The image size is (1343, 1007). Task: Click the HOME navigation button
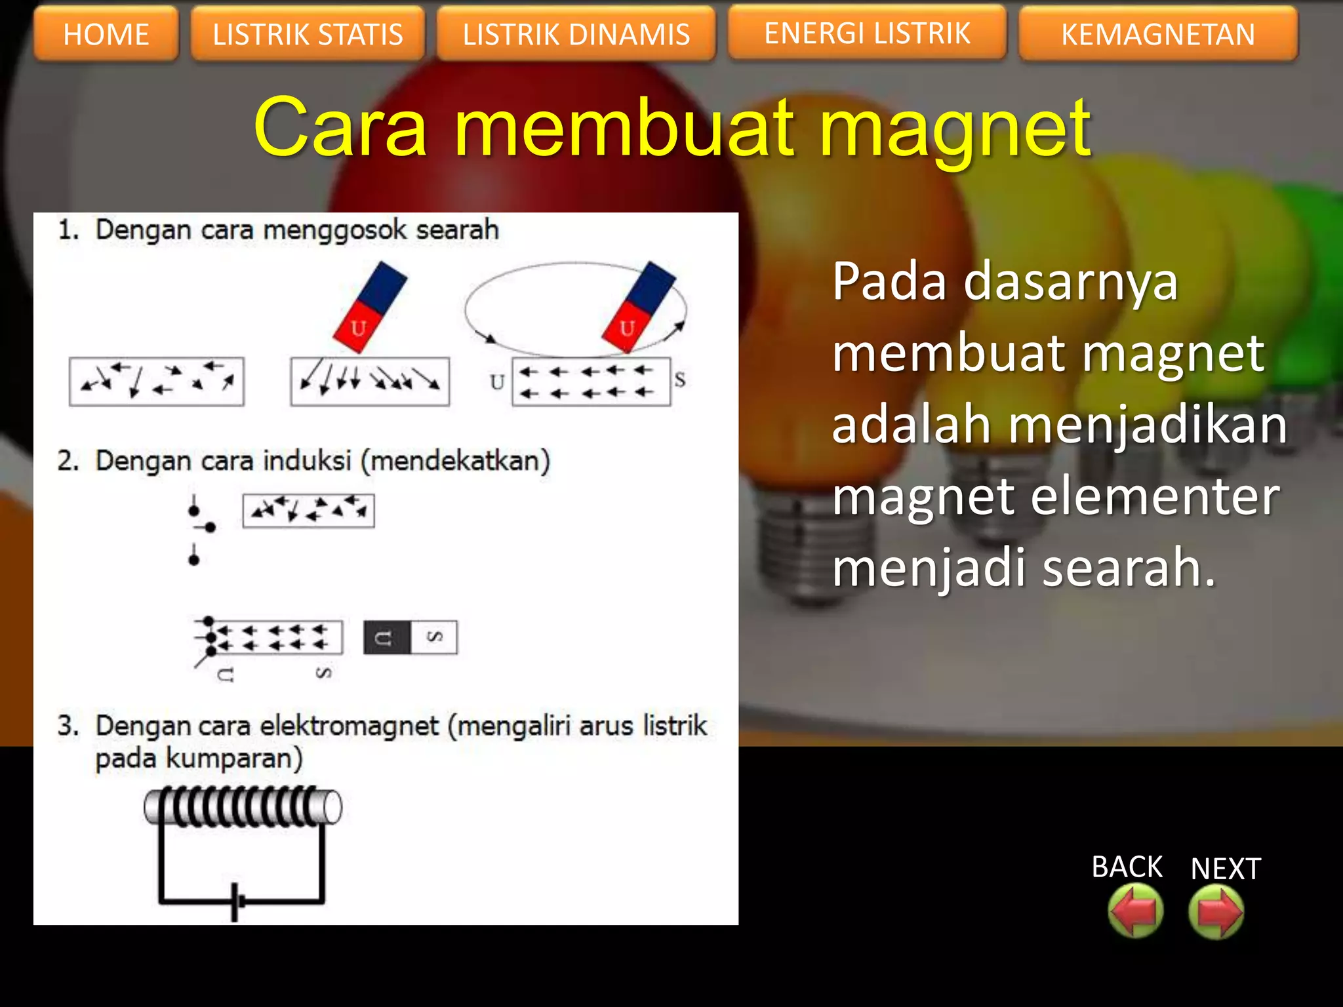[106, 34]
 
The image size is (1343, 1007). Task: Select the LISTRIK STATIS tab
[308, 34]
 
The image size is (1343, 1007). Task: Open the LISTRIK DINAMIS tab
[576, 34]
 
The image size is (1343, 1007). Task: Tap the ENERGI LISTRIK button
[867, 33]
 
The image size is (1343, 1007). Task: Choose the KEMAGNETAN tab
[1158, 34]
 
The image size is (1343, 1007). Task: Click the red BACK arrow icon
[1135, 911]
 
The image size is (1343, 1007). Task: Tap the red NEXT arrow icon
[1216, 911]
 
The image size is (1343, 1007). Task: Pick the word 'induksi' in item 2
[308, 461]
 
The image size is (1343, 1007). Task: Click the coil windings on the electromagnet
[236, 806]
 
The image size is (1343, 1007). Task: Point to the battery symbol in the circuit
[237, 902]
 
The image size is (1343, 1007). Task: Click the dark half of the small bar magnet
[387, 637]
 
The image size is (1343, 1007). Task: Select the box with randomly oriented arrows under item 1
[157, 382]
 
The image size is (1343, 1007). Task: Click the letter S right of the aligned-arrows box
[680, 380]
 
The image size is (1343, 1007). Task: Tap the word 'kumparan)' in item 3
[234, 759]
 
